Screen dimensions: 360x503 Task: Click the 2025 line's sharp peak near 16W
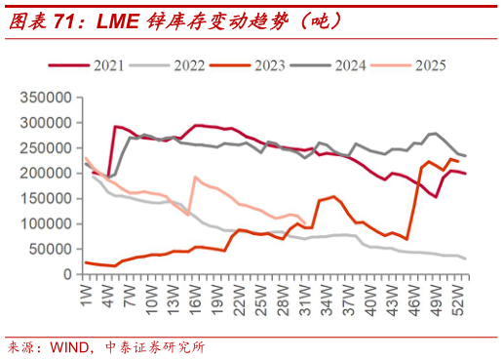point(196,178)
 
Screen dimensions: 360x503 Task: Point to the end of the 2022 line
point(465,259)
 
